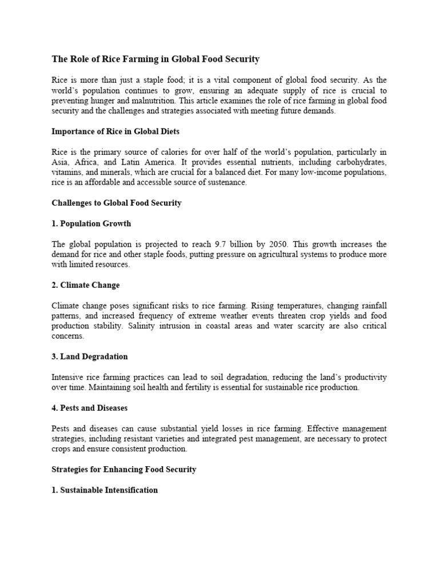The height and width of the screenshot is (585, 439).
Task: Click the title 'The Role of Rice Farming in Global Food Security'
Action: pyautogui.click(x=155, y=59)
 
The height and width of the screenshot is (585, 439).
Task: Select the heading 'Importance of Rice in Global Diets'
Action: pyautogui.click(x=115, y=131)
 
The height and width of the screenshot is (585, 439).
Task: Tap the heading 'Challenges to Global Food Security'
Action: pyautogui.click(x=117, y=203)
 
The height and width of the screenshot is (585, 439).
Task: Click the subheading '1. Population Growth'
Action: pyautogui.click(x=91, y=223)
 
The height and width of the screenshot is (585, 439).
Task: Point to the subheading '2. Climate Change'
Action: pyautogui.click(x=86, y=285)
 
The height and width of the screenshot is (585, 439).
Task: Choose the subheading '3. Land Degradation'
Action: pyautogui.click(x=90, y=356)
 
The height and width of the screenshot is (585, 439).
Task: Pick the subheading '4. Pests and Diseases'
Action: pyautogui.click(x=89, y=408)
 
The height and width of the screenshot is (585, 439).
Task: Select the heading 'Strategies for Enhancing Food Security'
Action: pyautogui.click(x=124, y=469)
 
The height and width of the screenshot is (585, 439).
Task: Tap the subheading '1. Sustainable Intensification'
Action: pyautogui.click(x=105, y=490)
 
